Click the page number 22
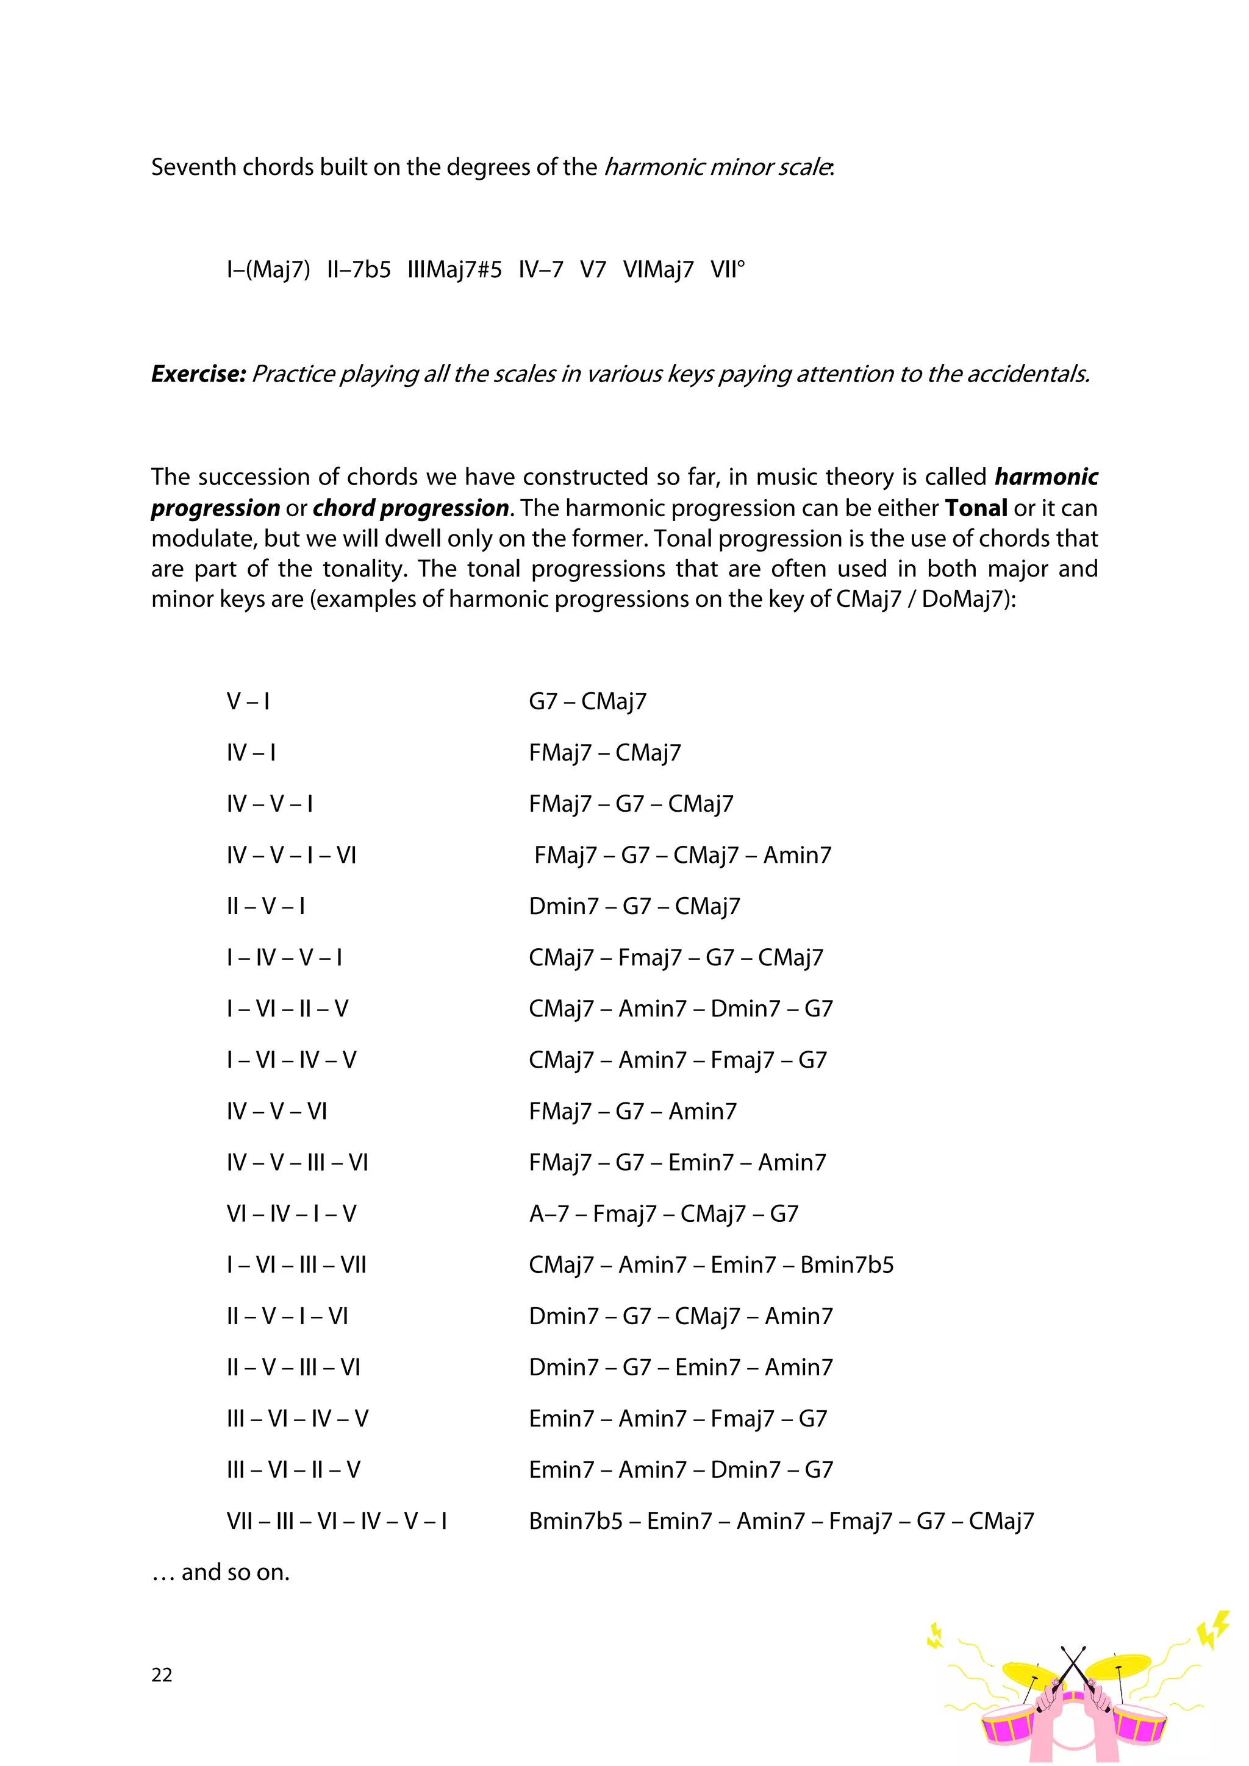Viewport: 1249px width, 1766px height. coord(162,1675)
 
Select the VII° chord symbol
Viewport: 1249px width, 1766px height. coord(727,270)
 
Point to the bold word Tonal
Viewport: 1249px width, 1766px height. coord(976,508)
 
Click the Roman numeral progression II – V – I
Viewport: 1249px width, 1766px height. coord(265,906)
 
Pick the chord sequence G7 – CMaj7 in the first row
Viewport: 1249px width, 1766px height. coord(587,701)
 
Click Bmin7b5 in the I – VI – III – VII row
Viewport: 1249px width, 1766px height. coord(846,1265)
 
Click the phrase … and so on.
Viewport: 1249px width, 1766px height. coord(221,1572)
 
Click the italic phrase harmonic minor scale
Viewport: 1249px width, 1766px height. coord(717,167)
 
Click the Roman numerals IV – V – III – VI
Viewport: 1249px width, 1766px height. coord(297,1162)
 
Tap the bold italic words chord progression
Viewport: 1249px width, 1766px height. coord(411,508)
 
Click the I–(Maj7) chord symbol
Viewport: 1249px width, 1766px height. coord(268,270)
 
